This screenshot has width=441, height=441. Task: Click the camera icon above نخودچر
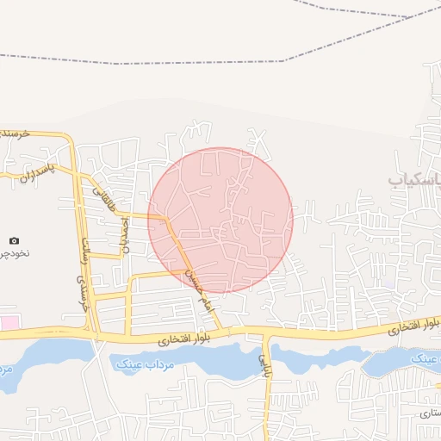[x=14, y=241]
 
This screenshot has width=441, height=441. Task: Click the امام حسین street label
[x=196, y=283]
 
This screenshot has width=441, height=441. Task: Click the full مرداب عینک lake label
[x=144, y=364]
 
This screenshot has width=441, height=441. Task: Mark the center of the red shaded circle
[x=220, y=220]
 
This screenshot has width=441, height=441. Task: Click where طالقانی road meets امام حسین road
[x=164, y=216]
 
